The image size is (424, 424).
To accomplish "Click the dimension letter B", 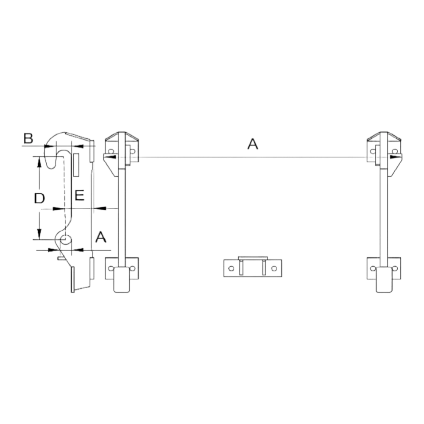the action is pos(28,138).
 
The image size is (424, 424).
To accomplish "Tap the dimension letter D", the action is pos(39,198).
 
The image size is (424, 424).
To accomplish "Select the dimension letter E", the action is pos(80,195).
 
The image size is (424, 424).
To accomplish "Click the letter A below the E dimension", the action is pos(101,237).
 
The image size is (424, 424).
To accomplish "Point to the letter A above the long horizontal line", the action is pos(253,144).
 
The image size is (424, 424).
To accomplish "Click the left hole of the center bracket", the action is pos(231,268).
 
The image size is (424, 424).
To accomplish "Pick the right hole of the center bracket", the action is pos(274,268).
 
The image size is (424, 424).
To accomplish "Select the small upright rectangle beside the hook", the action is pos(76,165).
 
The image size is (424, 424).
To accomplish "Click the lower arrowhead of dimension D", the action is pos(39,234).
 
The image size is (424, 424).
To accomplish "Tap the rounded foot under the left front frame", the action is pos(121,280).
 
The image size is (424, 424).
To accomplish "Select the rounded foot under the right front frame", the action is pos(384,280).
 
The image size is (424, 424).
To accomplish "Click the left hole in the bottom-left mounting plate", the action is pos(111,268).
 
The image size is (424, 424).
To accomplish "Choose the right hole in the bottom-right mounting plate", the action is pos(395,268).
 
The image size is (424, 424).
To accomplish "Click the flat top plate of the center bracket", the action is pos(253,258).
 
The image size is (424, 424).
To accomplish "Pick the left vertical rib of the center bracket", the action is pos(241,268).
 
